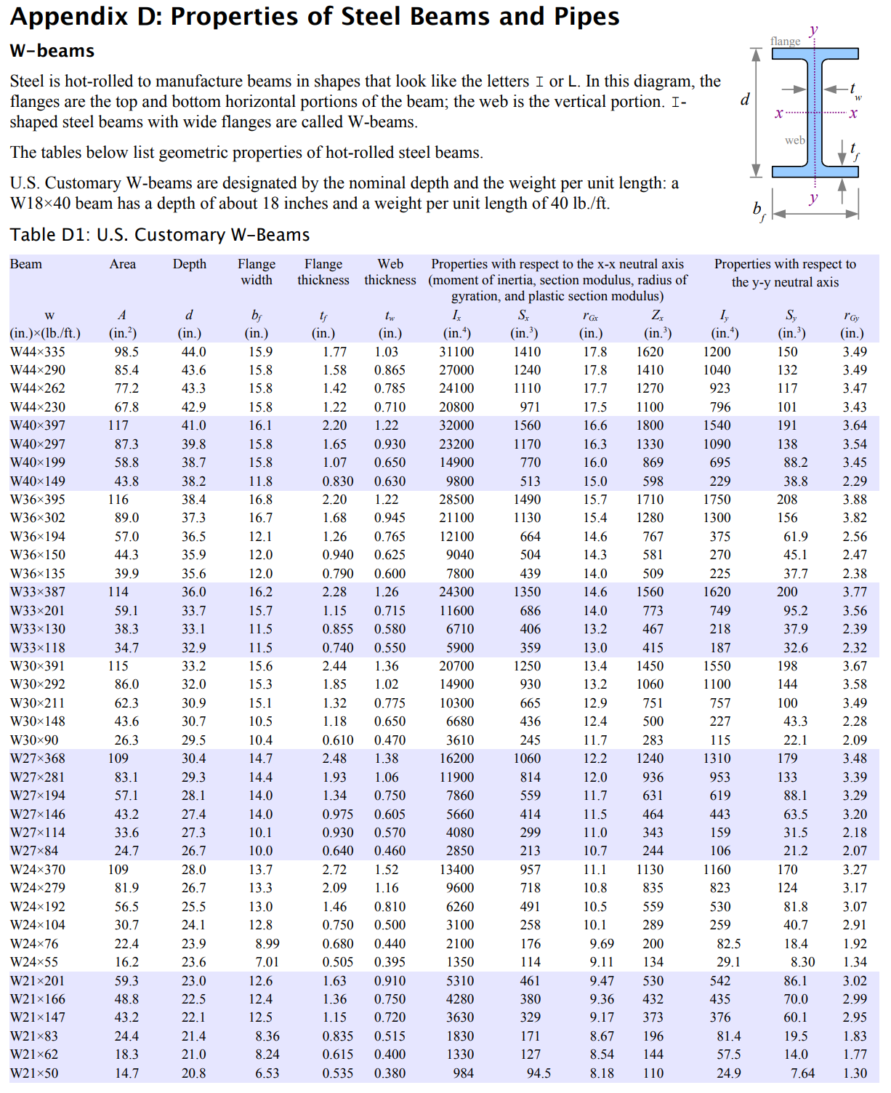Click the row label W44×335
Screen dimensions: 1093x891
38,352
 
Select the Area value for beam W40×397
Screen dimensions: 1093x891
118,425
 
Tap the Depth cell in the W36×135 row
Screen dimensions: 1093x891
193,574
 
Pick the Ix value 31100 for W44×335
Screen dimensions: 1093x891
456,352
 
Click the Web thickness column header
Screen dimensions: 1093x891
390,272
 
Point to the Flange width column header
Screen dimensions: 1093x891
257,272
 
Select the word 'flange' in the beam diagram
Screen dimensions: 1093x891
785,41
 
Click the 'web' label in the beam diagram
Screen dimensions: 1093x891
794,140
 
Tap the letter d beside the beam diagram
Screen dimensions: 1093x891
745,100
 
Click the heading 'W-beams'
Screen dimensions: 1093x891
52,51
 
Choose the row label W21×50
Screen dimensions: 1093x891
34,1073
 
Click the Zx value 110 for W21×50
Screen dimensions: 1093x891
653,1073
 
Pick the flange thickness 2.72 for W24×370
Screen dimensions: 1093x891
334,870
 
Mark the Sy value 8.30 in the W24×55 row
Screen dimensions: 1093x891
802,962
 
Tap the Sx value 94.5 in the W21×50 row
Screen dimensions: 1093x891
539,1073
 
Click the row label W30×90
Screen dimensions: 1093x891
34,740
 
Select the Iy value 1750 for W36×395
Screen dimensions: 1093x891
717,500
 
